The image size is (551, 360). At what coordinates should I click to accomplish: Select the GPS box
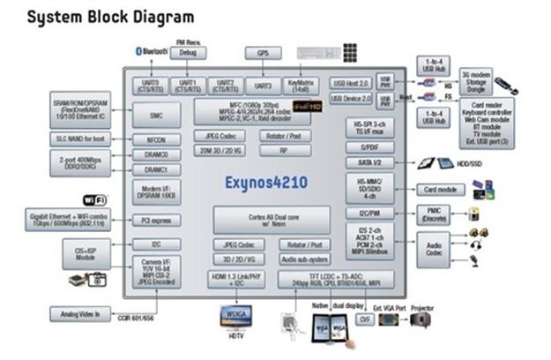(263, 53)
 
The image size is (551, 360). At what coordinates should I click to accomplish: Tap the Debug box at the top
(188, 53)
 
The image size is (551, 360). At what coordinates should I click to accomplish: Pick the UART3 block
(263, 86)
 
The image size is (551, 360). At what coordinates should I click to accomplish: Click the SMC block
(157, 114)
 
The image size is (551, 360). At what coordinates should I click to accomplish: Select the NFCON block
(157, 139)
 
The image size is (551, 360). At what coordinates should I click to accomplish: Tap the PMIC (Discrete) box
(434, 213)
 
